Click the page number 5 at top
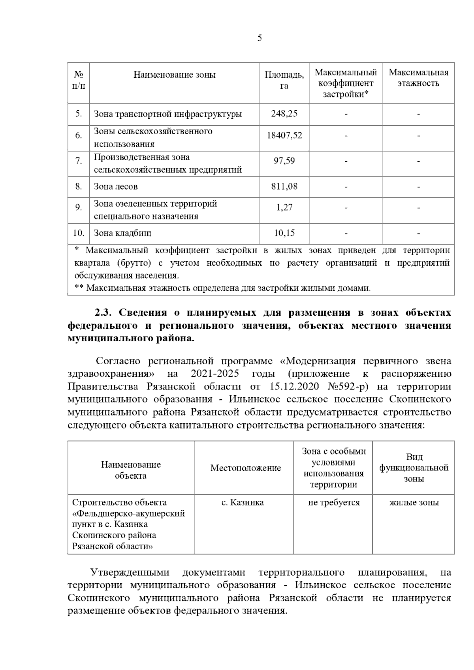[x=259, y=38]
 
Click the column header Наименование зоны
[x=174, y=75]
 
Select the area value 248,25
[x=284, y=114]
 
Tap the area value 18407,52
[x=284, y=136]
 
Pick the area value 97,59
[x=284, y=161]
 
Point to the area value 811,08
[x=284, y=186]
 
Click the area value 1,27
[x=284, y=208]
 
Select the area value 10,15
[x=284, y=233]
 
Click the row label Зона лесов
[x=116, y=187]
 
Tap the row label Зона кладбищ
[x=122, y=233]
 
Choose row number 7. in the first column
[x=79, y=161]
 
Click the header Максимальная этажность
[x=418, y=78]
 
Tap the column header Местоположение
[x=245, y=468]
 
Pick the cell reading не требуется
[x=334, y=503]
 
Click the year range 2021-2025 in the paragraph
[x=214, y=374]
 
